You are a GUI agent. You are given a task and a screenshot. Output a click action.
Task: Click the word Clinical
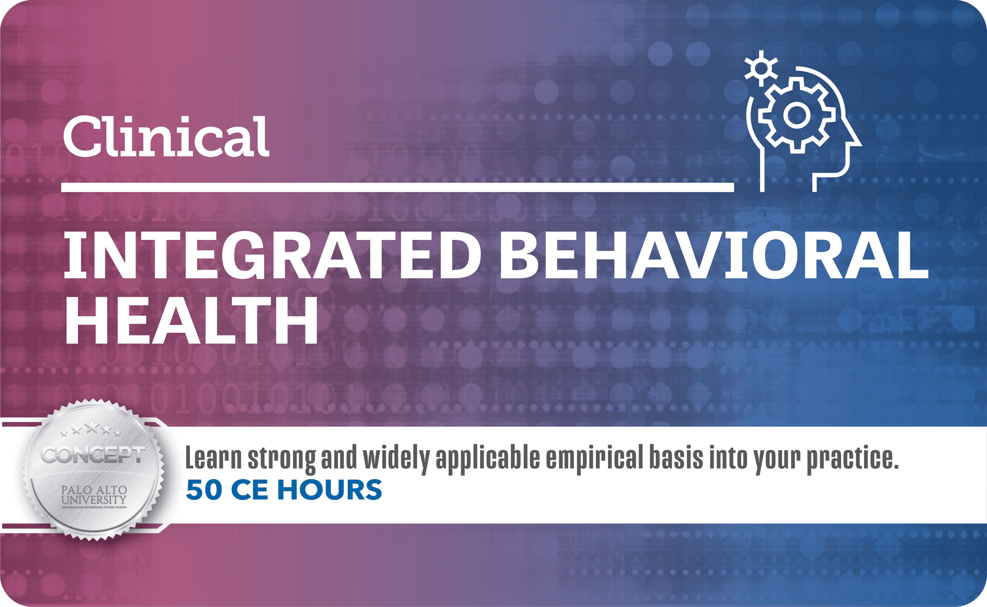tap(166, 137)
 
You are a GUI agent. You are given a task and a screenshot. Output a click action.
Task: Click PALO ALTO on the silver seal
tap(94, 490)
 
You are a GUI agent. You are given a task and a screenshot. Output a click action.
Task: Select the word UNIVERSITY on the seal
tap(94, 499)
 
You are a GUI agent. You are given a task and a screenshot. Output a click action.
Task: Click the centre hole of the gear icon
tap(795, 115)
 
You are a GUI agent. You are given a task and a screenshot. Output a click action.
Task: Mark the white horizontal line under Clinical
tap(397, 187)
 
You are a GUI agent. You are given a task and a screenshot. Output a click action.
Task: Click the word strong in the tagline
tap(281, 459)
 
